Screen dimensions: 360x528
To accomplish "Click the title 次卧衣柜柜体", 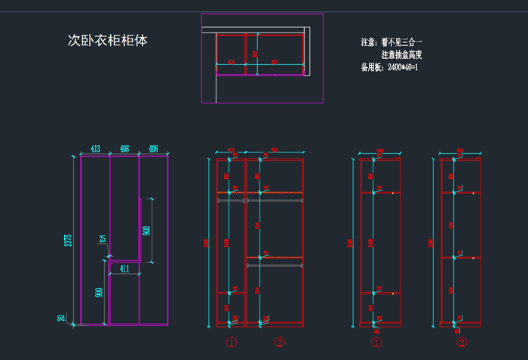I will click(107, 41).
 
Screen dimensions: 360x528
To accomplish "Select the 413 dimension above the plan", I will click(96, 149).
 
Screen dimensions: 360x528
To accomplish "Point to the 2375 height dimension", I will click(69, 240).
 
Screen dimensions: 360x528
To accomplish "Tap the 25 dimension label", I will click(103, 239).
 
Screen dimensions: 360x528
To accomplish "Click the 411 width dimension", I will click(124, 269).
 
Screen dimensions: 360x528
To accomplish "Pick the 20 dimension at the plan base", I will click(62, 318).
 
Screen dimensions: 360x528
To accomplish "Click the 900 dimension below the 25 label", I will click(99, 293).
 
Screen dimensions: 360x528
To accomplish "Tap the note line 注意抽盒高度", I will click(401, 55).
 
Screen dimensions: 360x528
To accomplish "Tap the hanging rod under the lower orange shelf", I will click(275, 266).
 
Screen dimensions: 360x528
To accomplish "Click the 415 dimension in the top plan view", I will click(231, 62).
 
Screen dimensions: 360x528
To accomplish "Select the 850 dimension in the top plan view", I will click(275, 62).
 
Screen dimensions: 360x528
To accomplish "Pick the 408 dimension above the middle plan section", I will click(124, 149).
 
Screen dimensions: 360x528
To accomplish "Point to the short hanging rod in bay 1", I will click(231, 201).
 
